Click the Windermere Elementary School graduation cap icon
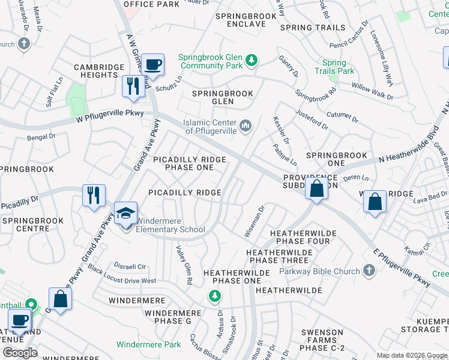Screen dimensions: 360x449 (x=126, y=214)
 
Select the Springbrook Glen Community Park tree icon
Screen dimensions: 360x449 (x=252, y=60)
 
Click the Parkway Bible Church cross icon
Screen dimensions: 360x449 (x=369, y=272)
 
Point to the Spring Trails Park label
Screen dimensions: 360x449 (x=334, y=67)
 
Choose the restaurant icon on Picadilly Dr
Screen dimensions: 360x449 (x=94, y=195)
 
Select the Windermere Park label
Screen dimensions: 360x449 (x=149, y=344)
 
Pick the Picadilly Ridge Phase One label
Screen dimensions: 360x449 (x=190, y=163)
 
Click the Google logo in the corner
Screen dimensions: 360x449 (x=19, y=353)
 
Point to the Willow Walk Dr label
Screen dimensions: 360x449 (x=372, y=92)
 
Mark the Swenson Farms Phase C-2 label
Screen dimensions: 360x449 (x=322, y=340)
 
